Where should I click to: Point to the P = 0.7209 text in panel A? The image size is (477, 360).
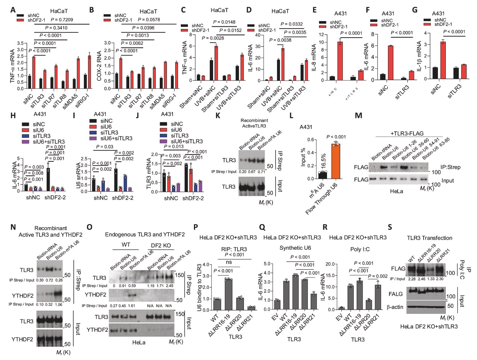[x=62, y=20]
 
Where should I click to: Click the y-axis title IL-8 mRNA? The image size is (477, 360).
[x=314, y=58]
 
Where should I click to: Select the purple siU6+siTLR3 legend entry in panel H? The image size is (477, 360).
[x=45, y=141]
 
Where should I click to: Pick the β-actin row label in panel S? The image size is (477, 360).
[x=395, y=307]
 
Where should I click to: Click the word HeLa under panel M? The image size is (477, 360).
[x=397, y=191]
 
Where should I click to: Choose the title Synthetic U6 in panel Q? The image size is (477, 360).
[x=295, y=248]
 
